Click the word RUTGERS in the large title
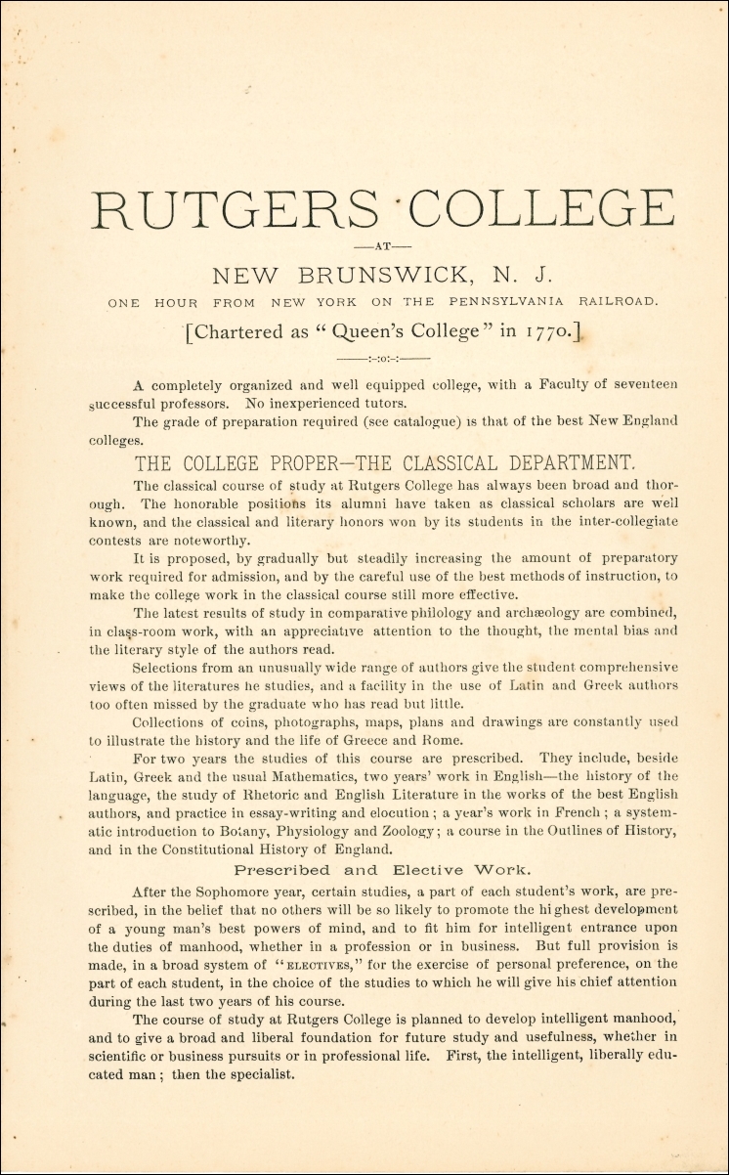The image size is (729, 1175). click(x=233, y=209)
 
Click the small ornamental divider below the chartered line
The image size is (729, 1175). click(x=382, y=360)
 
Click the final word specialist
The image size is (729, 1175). click(x=260, y=1074)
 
